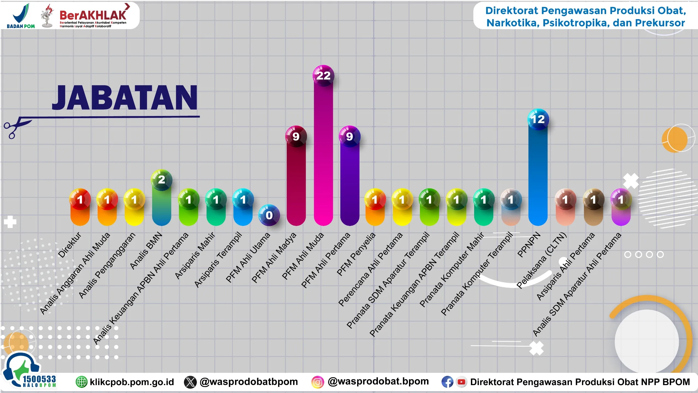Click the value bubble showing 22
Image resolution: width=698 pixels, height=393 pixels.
coord(323,76)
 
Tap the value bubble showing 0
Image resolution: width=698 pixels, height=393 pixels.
coord(269,215)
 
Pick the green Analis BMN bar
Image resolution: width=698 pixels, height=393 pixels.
coord(161,207)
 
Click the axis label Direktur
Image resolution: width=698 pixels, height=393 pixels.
coord(70,245)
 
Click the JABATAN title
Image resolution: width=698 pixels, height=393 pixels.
coord(125,97)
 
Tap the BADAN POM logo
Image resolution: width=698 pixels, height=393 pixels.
coord(21,16)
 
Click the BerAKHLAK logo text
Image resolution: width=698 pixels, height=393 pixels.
coord(93,15)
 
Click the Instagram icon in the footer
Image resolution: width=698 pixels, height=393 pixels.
coord(318,382)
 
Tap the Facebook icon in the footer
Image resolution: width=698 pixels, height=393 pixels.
coord(447,382)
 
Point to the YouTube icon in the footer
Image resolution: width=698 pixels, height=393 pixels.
coord(461,382)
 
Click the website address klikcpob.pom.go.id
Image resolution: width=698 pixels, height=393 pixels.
coord(132,382)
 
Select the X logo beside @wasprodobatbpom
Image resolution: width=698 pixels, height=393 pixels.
coord(190,382)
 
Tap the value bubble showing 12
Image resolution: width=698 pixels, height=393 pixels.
coord(538,119)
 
